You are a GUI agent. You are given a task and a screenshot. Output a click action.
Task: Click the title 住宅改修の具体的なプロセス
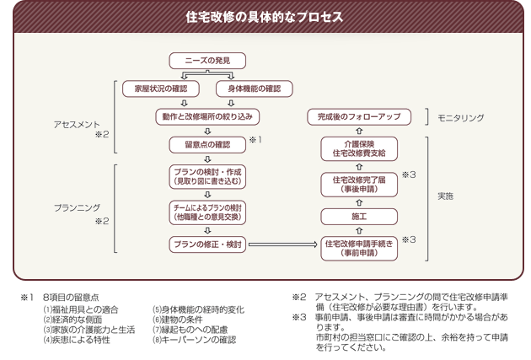tap(265, 17)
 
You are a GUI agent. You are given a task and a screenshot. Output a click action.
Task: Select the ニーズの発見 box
tap(207, 60)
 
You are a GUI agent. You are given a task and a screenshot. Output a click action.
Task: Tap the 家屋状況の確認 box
tap(158, 88)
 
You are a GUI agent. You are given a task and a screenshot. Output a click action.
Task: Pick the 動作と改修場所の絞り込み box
tap(207, 116)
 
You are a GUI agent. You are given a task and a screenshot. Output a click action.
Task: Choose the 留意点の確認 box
tap(207, 144)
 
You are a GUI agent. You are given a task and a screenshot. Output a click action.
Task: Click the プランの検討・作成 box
tap(207, 176)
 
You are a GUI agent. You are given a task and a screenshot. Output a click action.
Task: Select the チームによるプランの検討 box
tap(207, 212)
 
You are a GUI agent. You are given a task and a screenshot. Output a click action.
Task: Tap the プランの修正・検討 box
tap(207, 244)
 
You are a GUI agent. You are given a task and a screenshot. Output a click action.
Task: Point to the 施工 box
tap(358, 217)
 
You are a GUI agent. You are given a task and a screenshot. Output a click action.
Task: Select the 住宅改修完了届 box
tap(358, 185)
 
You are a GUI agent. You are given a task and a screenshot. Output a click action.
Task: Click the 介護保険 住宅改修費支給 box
tap(358, 148)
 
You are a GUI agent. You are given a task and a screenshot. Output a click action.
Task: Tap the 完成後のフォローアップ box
tap(358, 116)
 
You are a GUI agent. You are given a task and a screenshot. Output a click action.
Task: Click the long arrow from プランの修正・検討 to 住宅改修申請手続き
tap(283, 244)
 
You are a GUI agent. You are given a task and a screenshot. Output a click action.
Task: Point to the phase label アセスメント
tap(77, 123)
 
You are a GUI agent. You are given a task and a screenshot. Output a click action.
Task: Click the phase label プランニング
tap(77, 207)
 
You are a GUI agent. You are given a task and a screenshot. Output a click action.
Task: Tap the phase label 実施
tap(445, 196)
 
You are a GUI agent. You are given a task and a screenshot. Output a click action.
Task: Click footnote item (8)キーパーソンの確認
tap(194, 340)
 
